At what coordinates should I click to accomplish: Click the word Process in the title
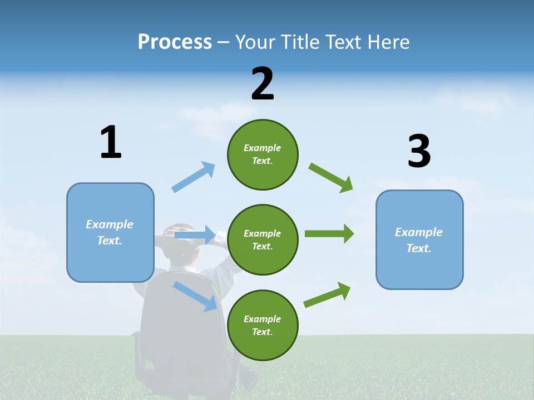tap(175, 42)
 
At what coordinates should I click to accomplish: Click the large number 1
tap(111, 142)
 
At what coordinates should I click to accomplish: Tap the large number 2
tap(263, 83)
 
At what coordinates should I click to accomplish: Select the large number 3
tap(419, 151)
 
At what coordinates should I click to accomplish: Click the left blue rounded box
tap(110, 232)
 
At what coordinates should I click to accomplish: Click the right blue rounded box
tap(419, 240)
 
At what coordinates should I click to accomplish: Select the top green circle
tap(263, 154)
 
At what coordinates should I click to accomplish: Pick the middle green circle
tap(263, 240)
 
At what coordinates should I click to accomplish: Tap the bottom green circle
tap(263, 326)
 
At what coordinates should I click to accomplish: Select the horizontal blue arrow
tap(195, 236)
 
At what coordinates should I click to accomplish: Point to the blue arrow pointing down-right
tap(195, 296)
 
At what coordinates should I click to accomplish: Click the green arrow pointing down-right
tap(331, 178)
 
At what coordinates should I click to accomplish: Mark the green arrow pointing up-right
tap(327, 295)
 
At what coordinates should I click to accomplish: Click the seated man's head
tap(181, 244)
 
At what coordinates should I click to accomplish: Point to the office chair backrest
tap(172, 317)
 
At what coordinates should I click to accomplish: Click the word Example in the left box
tap(110, 224)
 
